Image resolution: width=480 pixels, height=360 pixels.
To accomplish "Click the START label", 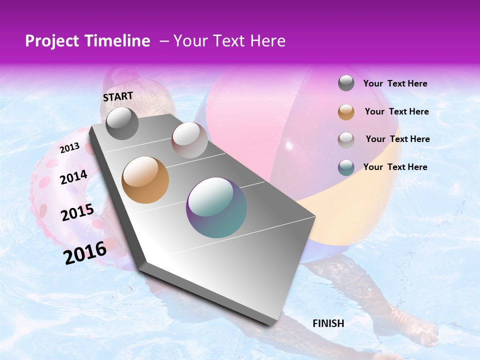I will pos(118,96).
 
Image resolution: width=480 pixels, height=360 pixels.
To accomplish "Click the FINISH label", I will pos(328,323).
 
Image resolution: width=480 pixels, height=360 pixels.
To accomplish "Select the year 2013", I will pos(69,147).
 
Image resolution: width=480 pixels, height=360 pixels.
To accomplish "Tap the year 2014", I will pos(73,177).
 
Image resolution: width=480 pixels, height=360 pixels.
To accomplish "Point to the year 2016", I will pos(85,253).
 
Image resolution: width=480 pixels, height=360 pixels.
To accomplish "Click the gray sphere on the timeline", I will pos(122,123).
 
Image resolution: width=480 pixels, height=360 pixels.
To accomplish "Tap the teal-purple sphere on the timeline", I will pos(216,207).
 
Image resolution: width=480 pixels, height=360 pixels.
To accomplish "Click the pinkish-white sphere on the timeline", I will pos(189,140).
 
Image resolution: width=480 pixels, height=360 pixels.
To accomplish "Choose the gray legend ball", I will pos(346,83).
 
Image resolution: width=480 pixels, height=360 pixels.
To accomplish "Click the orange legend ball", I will pos(346,112).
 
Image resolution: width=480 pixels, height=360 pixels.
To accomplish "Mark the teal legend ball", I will pos(346,167).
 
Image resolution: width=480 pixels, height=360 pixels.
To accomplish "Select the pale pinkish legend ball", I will pos(346,139).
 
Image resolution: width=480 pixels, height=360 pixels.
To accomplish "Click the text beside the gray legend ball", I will pos(395,83).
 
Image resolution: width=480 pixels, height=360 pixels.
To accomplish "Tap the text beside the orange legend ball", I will pos(396,111).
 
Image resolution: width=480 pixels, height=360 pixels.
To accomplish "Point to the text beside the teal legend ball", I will pos(395,167).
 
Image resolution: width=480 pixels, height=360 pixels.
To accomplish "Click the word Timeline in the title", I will pos(118,41).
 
